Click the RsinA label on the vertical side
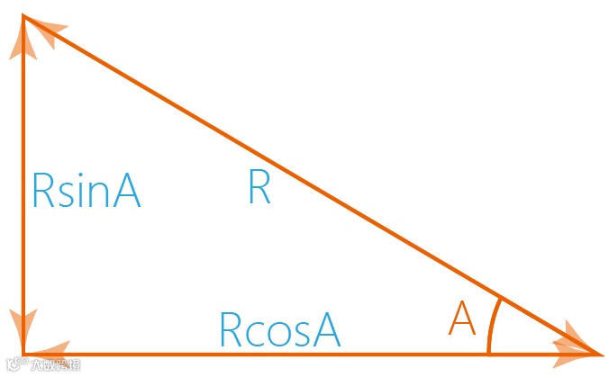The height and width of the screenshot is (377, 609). click(86, 190)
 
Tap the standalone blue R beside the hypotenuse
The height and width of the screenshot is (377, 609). click(259, 188)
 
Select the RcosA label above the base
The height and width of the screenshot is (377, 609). click(279, 329)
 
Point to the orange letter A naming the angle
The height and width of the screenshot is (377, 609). click(461, 319)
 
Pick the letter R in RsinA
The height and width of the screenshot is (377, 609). click(41, 190)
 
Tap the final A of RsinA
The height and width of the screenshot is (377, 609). click(127, 190)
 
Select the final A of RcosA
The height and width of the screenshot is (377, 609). click(325, 329)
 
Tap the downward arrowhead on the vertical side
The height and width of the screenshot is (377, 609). click(23, 325)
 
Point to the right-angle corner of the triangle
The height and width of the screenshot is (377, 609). click(23, 354)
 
